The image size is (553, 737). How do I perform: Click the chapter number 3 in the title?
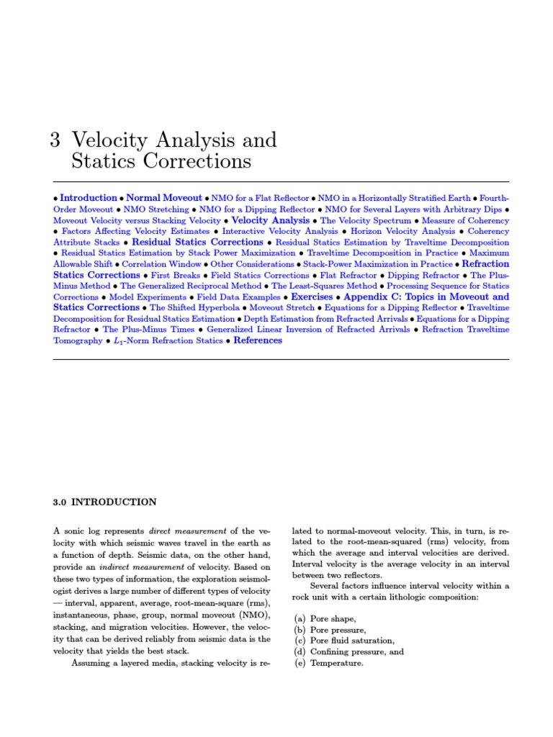[55, 140]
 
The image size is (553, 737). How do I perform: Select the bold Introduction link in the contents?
[88, 198]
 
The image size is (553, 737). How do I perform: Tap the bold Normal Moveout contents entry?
[164, 198]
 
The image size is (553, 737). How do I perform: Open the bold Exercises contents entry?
[312, 297]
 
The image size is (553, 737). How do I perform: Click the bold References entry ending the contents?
[258, 340]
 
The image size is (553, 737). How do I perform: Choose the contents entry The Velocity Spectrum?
[366, 220]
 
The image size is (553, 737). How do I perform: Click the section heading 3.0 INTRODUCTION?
[104, 502]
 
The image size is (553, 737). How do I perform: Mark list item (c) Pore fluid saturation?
[343, 641]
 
